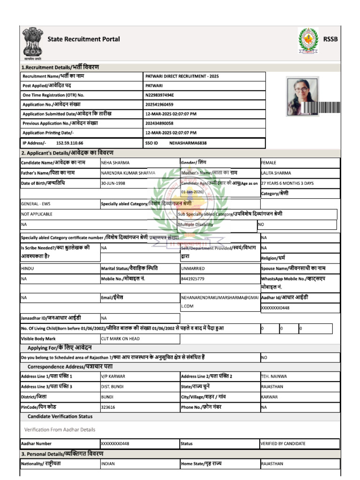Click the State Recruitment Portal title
pyautogui.click(x=83, y=39)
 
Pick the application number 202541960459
pyautogui.click(x=159, y=105)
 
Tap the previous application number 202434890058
pyautogui.click(x=159, y=123)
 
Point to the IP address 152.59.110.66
pyautogui.click(x=69, y=142)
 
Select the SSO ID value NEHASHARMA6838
pyautogui.click(x=188, y=142)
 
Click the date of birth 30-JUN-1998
pyautogui.click(x=113, y=183)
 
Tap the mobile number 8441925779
pyautogui.click(x=193, y=278)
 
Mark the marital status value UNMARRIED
pyautogui.click(x=193, y=268)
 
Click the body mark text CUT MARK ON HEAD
pyautogui.click(x=120, y=338)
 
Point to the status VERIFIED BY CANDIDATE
pyautogui.click(x=283, y=443)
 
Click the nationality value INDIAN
pyautogui.click(x=108, y=464)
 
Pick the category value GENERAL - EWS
pyautogui.click(x=36, y=204)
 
